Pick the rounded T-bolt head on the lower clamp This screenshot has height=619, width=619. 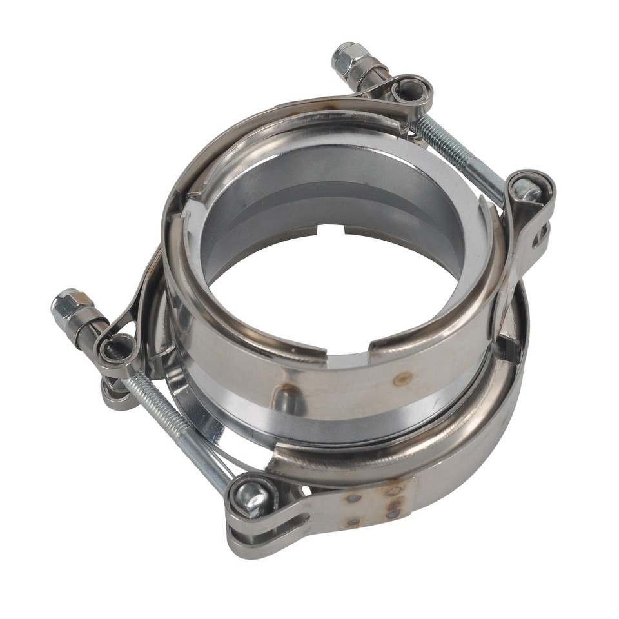point(251,496)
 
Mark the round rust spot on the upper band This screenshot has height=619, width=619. point(402,379)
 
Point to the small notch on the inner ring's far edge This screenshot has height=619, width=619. point(333,230)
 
